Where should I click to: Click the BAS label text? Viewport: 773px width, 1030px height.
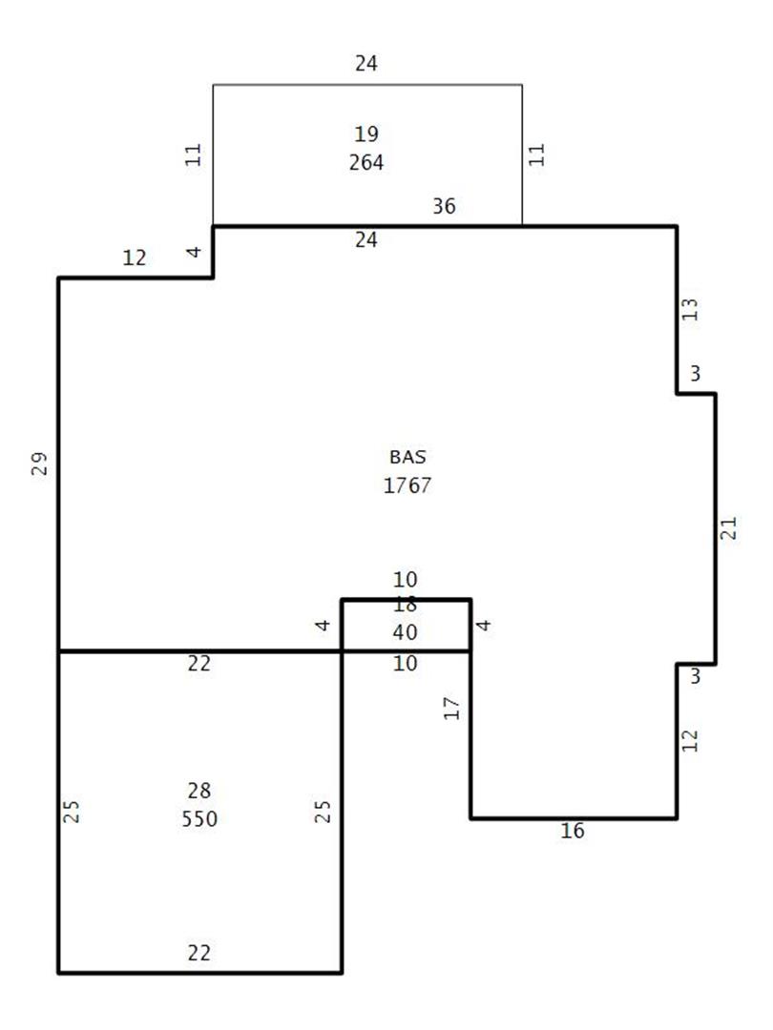(x=407, y=457)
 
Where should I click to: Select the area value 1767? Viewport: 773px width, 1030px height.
(x=407, y=485)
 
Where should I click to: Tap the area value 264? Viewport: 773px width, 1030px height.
(x=366, y=162)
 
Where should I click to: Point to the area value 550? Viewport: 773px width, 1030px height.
(x=199, y=818)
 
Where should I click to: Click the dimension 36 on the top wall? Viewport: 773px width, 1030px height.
(x=444, y=206)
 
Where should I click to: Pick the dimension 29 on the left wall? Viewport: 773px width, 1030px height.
(x=39, y=463)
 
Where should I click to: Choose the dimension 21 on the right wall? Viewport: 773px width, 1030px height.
(x=728, y=528)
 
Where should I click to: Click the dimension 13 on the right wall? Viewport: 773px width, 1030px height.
(x=690, y=309)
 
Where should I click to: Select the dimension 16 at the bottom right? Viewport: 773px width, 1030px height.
(x=573, y=831)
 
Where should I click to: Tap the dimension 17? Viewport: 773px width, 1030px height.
(x=451, y=708)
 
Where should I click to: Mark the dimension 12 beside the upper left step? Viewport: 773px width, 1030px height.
(x=135, y=257)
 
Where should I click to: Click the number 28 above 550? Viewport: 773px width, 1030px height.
(x=199, y=791)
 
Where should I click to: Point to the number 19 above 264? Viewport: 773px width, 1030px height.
(x=366, y=134)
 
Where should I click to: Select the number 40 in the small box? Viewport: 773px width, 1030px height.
(x=405, y=632)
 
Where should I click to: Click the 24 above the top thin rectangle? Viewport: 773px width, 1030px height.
(x=366, y=63)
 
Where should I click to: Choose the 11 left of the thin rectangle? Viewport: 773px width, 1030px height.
(x=193, y=155)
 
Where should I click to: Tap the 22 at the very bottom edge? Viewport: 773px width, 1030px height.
(x=199, y=953)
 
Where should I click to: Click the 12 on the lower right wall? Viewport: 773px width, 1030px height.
(x=690, y=740)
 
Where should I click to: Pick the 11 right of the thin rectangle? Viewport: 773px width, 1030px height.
(x=537, y=155)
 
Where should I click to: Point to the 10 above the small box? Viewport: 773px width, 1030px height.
(x=405, y=580)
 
